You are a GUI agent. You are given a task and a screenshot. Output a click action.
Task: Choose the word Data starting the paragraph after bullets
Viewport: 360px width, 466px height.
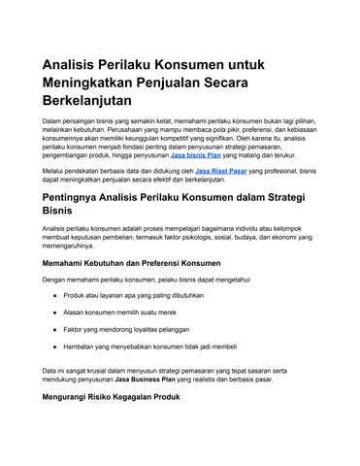pyautogui.click(x=49, y=370)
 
